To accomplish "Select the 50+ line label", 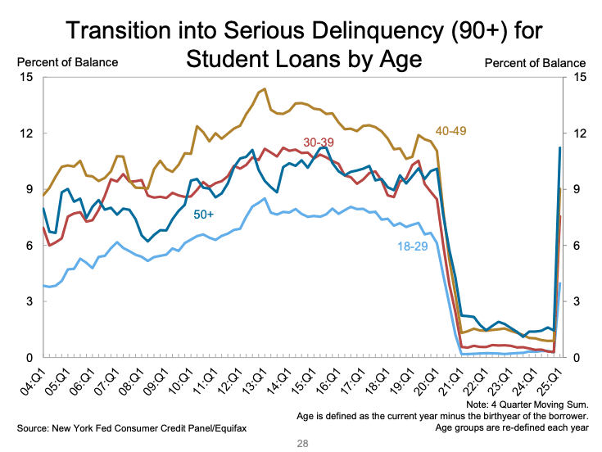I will coord(204,215).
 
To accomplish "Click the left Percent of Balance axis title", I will coord(68,62).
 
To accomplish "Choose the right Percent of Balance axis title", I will coord(536,62).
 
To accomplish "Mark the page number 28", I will coord(301,442).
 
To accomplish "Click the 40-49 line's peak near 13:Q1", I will coord(263,88).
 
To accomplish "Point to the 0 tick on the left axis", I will coord(29,358).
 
